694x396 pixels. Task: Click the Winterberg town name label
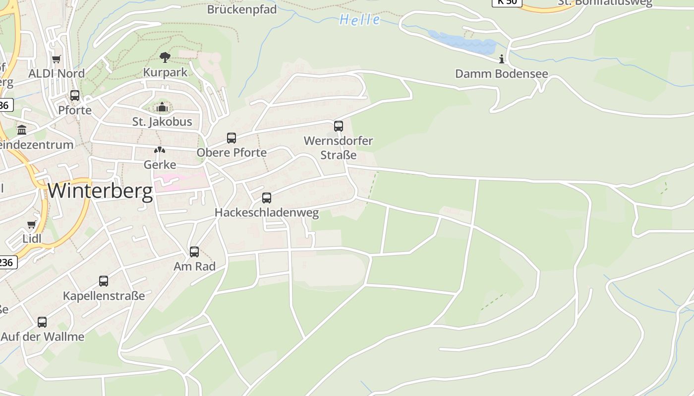pos(100,191)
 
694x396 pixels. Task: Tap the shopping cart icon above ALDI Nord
pos(57,59)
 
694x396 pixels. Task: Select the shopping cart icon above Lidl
pos(32,225)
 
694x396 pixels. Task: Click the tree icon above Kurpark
pos(165,57)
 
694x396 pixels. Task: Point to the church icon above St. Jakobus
pos(162,107)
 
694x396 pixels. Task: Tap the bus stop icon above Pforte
pos(75,96)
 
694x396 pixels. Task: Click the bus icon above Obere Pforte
pos(231,138)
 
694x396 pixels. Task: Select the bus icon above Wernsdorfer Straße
pos(339,126)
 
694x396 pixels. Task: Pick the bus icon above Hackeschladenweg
pos(267,198)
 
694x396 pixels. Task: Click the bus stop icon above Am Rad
pos(194,252)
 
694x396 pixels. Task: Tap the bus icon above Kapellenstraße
pos(104,281)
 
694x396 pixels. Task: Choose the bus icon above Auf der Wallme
pos(42,322)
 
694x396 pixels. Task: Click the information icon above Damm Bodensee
pos(502,59)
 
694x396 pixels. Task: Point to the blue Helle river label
pos(360,20)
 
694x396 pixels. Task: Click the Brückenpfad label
pos(242,9)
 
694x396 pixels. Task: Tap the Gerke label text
pos(160,164)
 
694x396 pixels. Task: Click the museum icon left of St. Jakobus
pos(22,130)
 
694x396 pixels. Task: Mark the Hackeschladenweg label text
pos(267,213)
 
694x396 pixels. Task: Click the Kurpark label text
pos(165,72)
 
